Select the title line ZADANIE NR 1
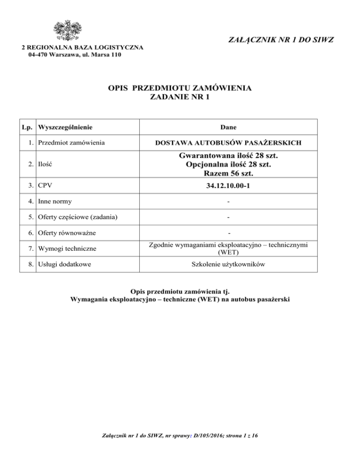click(180, 98)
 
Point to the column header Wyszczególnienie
click(66, 127)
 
